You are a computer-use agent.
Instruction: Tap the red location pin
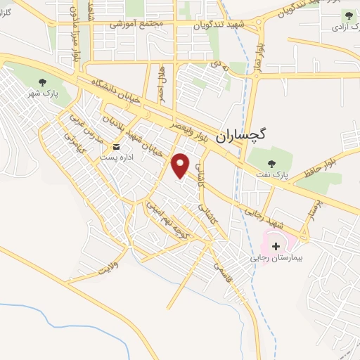click(181, 165)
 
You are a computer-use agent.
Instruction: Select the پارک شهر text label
click(41, 94)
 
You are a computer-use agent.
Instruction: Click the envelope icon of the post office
click(117, 148)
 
